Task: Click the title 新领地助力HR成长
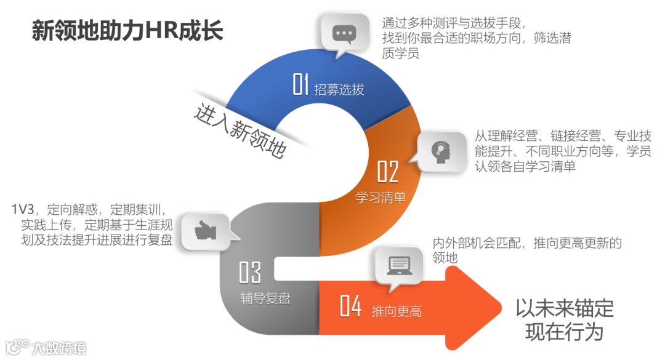127,31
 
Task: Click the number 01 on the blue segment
300,86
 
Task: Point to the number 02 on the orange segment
387,172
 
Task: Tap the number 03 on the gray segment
249,271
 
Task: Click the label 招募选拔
339,90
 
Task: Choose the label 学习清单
381,198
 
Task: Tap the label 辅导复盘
265,300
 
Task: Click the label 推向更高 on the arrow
397,311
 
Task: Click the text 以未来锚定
564,308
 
